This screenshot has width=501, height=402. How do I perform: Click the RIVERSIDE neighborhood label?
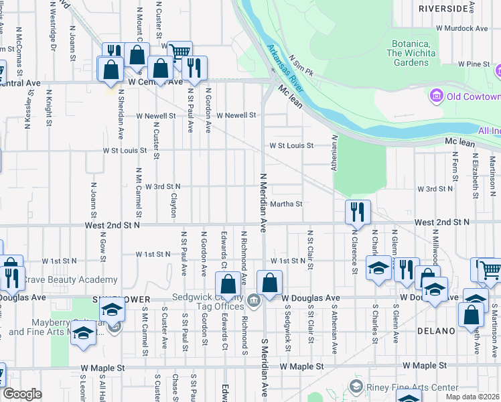[443, 9]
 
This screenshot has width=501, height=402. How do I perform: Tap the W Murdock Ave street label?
[461, 29]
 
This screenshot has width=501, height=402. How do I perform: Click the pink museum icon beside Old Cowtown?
[437, 96]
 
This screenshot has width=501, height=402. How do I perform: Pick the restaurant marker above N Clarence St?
[358, 212]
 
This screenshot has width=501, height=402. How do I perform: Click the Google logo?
[22, 394]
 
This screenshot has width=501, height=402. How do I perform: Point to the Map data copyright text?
[473, 397]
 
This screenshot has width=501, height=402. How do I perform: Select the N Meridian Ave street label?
[263, 201]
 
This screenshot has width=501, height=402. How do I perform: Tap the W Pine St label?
[474, 64]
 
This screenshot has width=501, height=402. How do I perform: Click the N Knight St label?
[49, 110]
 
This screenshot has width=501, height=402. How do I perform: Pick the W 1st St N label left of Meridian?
[153, 255]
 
